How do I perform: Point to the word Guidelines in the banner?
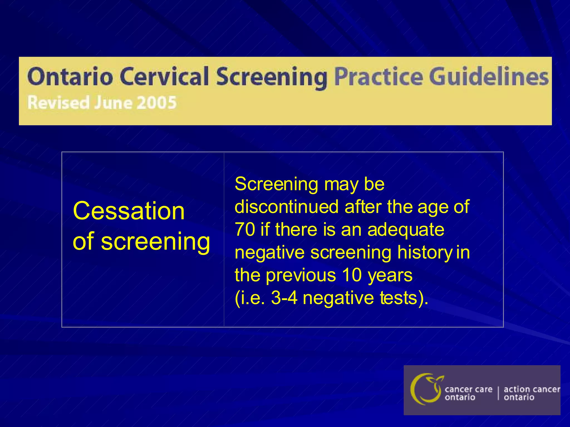tap(488, 77)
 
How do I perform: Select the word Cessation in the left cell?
tap(129, 211)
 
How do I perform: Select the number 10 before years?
tap(352, 275)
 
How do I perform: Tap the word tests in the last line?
tap(399, 298)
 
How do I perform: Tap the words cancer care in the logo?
tap(468, 389)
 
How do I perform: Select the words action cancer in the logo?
tap(532, 389)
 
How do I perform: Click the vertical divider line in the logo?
tap(498, 393)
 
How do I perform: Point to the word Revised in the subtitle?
tap(58, 103)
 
